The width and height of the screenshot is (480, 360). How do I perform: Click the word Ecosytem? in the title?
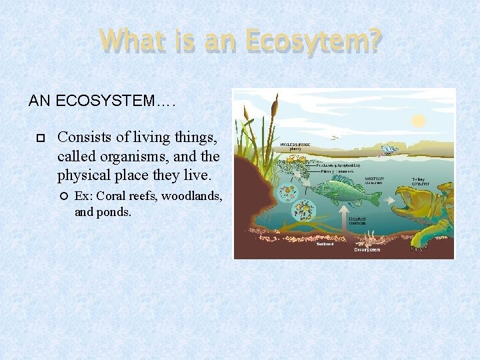point(313,41)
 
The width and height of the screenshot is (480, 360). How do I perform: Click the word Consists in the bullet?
point(83,138)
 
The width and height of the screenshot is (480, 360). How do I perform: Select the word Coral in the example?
point(114,197)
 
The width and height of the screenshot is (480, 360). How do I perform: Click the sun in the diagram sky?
point(418,121)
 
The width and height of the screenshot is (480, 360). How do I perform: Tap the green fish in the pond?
point(347,193)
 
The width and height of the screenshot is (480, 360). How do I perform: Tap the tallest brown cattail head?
point(274,105)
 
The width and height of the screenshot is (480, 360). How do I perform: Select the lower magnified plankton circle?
point(305,213)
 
